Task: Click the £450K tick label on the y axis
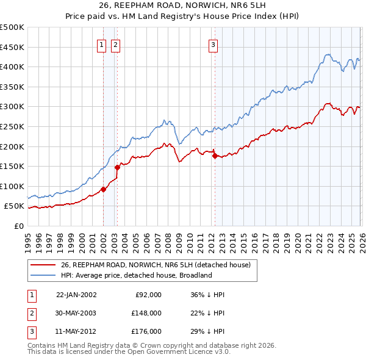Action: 12,47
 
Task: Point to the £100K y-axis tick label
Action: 12,186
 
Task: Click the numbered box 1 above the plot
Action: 102,44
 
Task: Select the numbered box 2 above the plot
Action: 115,44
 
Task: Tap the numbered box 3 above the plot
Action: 213,44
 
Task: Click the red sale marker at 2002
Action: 103,189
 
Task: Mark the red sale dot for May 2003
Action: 118,167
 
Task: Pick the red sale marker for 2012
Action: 214,156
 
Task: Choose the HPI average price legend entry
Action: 135,275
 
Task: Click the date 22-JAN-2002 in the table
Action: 76,294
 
